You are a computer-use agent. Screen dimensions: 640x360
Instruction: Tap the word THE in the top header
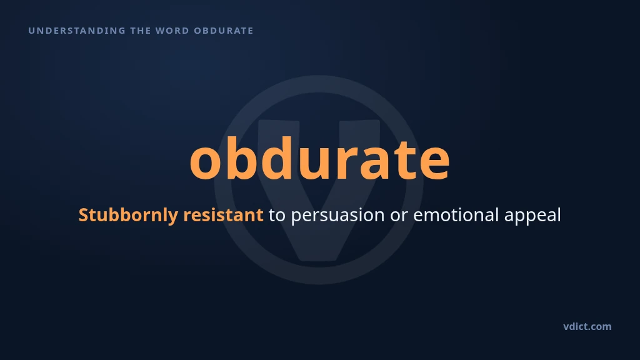[x=141, y=31]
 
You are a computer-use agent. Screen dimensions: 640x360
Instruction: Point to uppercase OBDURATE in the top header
[x=224, y=31]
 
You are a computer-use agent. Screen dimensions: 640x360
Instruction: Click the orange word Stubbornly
[x=128, y=215]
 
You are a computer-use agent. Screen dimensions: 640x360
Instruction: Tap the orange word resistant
[x=223, y=215]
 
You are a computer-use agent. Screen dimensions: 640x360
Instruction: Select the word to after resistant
[x=277, y=216]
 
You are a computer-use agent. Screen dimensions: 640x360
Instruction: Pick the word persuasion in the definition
[x=337, y=216]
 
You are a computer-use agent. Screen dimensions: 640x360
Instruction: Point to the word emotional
[x=456, y=215]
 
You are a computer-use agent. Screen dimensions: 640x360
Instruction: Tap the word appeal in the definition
[x=532, y=216]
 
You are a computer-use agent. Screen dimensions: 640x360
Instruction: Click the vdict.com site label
[x=587, y=326]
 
